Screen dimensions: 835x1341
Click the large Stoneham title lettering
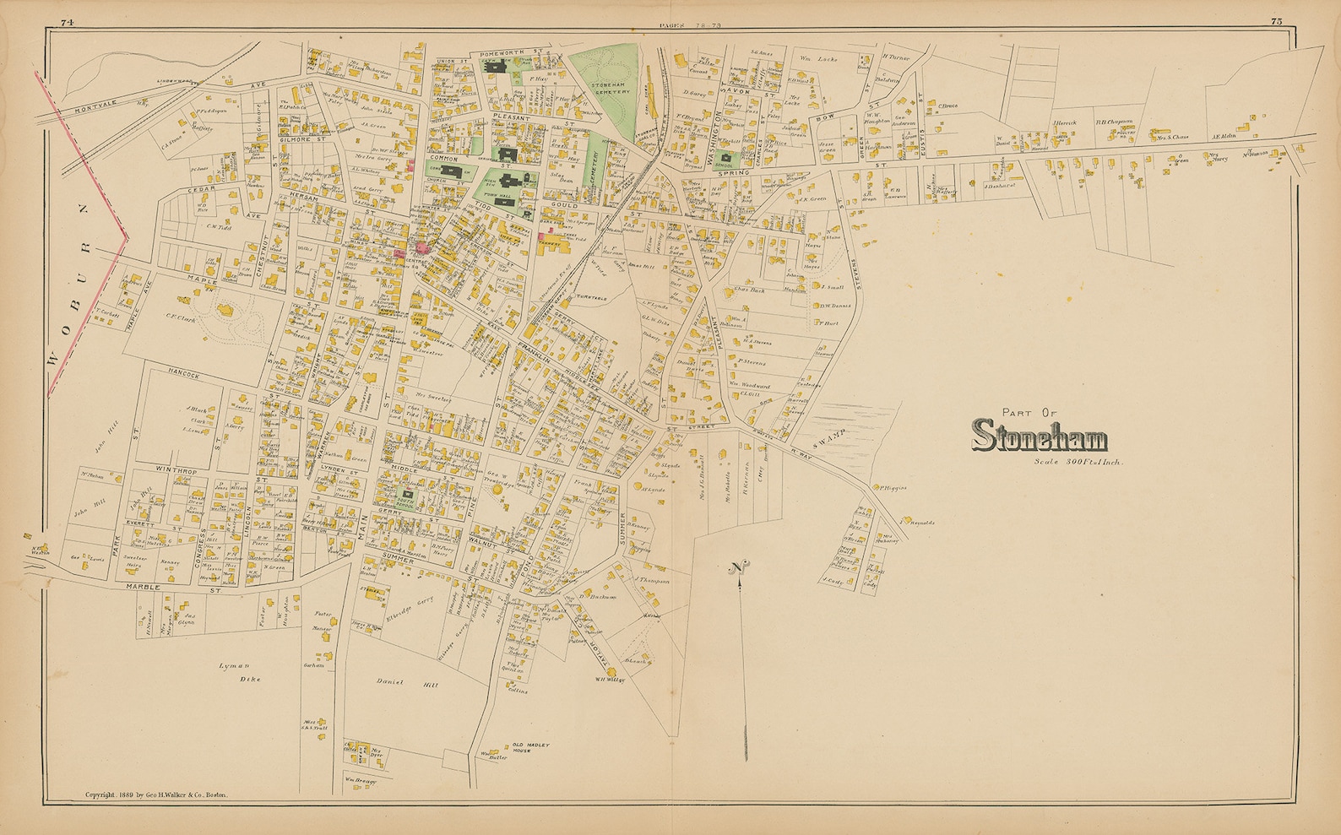[1040, 436]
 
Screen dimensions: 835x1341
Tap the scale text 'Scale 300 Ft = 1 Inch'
[1077, 463]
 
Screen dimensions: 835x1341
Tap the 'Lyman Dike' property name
[239, 672]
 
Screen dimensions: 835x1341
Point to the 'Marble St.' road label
[172, 586]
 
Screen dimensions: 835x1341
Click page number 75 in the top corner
[1275, 21]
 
